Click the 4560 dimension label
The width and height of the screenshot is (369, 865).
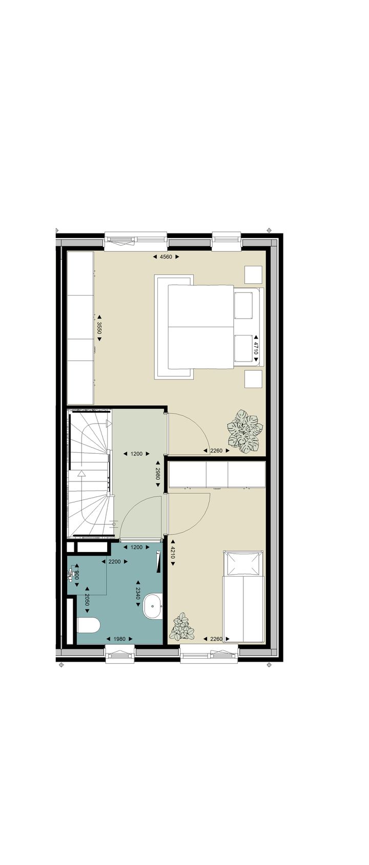coord(166,257)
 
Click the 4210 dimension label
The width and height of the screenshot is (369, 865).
coord(173,553)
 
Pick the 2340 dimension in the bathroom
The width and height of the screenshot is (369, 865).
coord(138,594)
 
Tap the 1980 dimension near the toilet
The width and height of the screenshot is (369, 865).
coord(119,639)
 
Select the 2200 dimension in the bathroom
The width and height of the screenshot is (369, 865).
coord(114,562)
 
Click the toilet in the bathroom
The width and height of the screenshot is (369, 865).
coord(88,625)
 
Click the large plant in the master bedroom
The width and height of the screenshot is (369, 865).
coord(244,432)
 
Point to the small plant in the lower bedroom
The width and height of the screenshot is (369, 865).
coord(182,628)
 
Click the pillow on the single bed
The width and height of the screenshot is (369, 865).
coord(243,564)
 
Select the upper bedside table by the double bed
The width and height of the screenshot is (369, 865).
coord(253,275)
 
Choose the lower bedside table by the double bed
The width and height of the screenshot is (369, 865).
coord(253,379)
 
